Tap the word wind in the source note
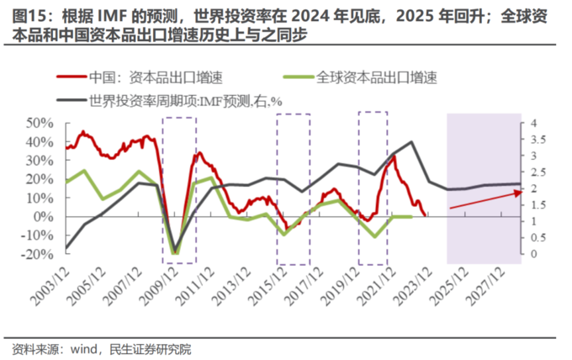tap(86, 347)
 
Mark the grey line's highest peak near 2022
tap(411, 142)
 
